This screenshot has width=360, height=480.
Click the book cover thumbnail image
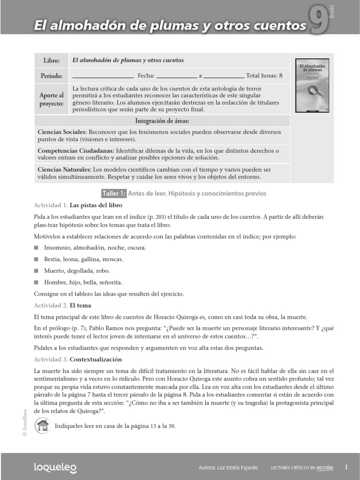[x=312, y=85]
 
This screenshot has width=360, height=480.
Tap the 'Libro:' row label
[x=52, y=61]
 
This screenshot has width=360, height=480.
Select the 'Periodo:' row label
[x=52, y=75]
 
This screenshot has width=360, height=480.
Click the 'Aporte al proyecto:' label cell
[x=52, y=99]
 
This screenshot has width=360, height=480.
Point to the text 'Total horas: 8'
[x=264, y=75]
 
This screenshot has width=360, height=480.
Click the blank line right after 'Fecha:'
[x=176, y=76]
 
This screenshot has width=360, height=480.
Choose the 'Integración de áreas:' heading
[x=162, y=121]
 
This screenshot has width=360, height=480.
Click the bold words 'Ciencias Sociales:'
[x=62, y=132]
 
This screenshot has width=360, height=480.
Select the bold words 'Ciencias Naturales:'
[x=64, y=169]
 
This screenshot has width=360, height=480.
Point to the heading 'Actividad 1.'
[x=51, y=205]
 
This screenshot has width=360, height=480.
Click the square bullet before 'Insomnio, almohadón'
[x=37, y=247]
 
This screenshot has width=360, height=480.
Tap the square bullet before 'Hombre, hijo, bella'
[x=37, y=282]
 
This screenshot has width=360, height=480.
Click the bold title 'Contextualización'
[x=96, y=360]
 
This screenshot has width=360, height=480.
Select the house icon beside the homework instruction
[x=43, y=426]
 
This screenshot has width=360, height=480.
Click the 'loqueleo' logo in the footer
[x=55, y=467]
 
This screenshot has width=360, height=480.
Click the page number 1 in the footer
[x=346, y=467]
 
